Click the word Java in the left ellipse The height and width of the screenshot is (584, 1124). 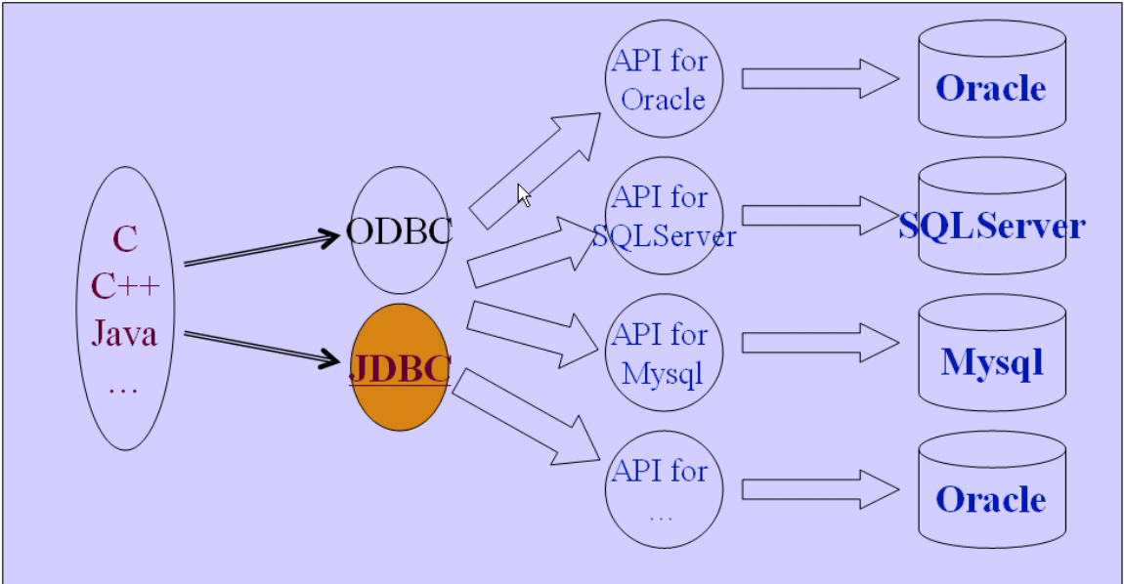click(x=124, y=334)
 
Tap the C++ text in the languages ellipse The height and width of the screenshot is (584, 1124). click(x=125, y=286)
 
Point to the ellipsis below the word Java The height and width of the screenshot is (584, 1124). click(x=123, y=389)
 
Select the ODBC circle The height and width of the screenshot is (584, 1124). click(x=399, y=230)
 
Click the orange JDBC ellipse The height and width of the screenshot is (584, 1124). click(x=399, y=367)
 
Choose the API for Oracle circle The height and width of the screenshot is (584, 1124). click(x=663, y=79)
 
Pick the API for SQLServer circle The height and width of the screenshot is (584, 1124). click(x=664, y=216)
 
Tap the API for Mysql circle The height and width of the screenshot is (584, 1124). click(x=663, y=354)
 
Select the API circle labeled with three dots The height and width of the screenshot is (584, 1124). click(x=663, y=490)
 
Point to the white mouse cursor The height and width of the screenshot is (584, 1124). click(x=524, y=195)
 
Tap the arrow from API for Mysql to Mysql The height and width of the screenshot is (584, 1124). click(x=819, y=343)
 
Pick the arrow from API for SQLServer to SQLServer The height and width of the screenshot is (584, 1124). click(x=819, y=216)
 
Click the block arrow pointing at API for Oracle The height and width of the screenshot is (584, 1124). click(x=536, y=167)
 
